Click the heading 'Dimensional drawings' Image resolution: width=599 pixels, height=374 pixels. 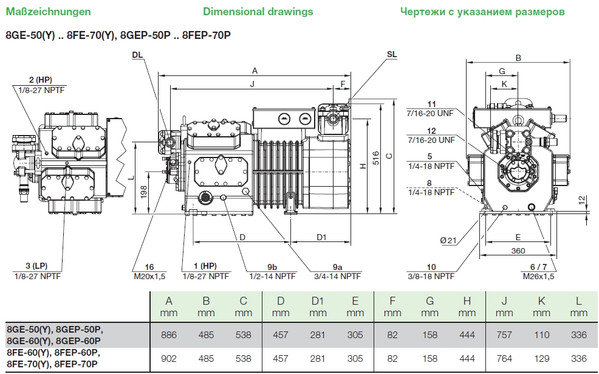258,12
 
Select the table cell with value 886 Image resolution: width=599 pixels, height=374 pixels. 169,335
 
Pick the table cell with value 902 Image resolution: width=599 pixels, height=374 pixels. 169,359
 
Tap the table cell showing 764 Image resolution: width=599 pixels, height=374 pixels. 504,359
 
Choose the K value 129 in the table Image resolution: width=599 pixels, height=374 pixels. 541,359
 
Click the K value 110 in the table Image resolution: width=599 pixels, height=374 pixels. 541,335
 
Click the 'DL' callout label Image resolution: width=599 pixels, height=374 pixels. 137,54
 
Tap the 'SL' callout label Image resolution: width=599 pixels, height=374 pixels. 392,54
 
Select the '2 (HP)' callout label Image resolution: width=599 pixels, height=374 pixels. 40,80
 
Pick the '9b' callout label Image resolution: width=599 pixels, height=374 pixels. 272,266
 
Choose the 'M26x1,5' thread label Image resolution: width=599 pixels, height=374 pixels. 539,275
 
